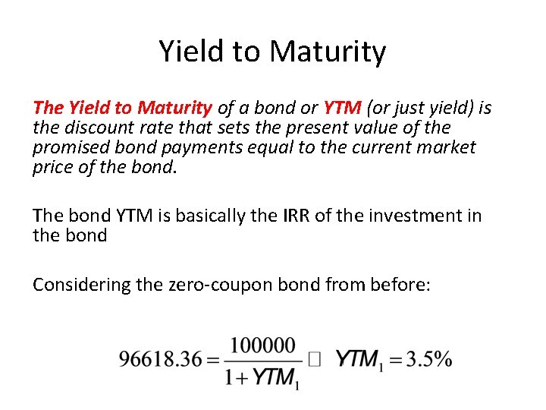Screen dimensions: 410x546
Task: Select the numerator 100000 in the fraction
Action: pyautogui.click(x=262, y=346)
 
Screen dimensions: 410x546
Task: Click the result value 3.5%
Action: pyautogui.click(x=429, y=359)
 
